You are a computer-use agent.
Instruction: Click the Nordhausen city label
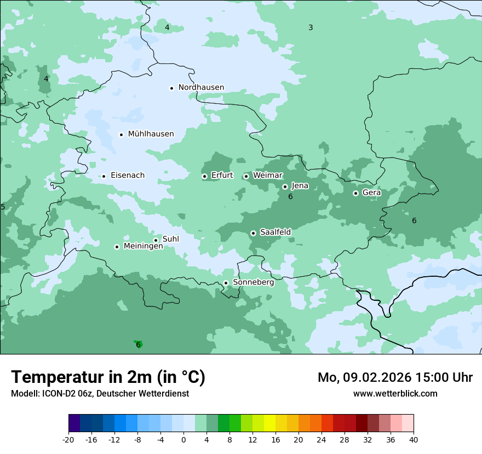201,88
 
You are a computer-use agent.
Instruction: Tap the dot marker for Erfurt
204,176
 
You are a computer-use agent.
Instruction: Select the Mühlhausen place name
151,134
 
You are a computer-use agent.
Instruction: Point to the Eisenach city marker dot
104,176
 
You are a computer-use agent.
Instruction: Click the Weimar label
267,176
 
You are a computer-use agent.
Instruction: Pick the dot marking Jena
285,187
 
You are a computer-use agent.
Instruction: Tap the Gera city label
371,193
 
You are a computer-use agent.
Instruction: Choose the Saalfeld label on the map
275,232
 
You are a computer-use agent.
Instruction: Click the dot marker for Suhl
156,240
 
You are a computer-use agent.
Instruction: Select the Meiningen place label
143,247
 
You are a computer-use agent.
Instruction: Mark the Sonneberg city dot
226,283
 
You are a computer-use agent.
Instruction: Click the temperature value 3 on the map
311,27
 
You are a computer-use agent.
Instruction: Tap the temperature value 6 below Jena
290,196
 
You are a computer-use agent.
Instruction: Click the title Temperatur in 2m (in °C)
108,377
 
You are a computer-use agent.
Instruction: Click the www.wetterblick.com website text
395,393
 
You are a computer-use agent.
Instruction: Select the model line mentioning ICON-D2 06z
100,393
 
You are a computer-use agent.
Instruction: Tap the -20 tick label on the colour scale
68,439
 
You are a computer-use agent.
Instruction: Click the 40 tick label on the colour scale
413,439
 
